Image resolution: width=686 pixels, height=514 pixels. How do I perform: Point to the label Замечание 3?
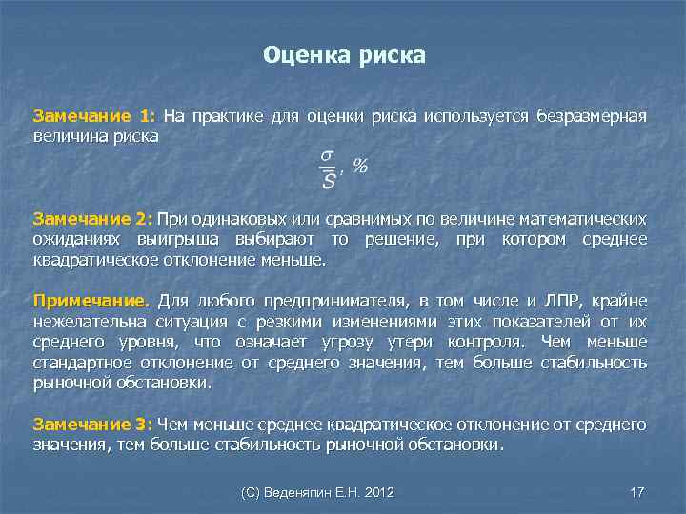92,424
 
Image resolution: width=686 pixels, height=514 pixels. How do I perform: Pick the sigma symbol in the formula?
327,152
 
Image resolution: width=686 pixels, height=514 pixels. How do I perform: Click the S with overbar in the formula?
329,178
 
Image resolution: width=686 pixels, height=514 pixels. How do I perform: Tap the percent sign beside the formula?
360,166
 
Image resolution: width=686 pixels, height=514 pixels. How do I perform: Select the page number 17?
637,492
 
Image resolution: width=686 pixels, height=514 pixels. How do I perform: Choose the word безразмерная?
588,117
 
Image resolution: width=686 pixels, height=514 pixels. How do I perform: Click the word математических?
584,219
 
